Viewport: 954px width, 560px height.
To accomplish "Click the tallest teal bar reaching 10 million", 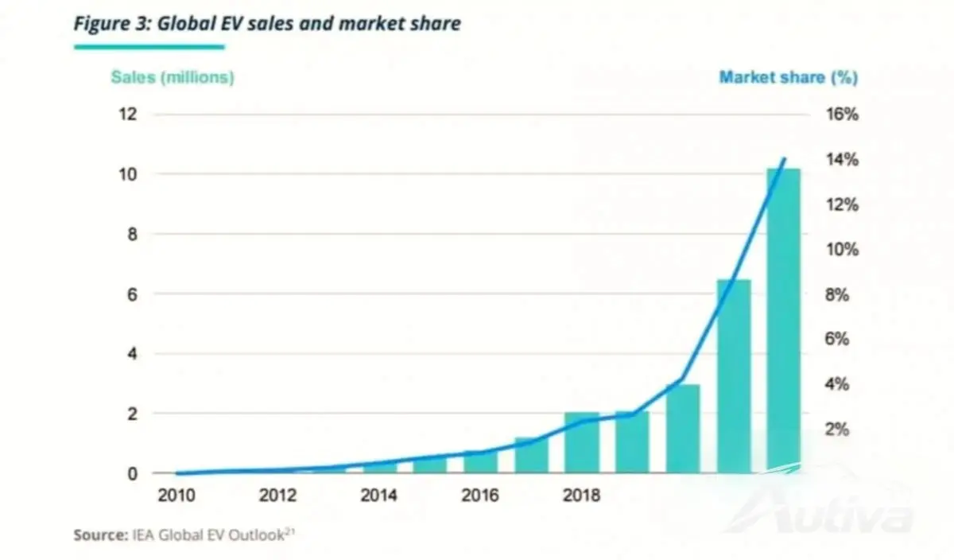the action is (784, 321).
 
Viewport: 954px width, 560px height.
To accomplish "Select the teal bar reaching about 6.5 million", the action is (733, 376).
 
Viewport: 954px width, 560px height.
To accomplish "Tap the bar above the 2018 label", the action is (582, 443).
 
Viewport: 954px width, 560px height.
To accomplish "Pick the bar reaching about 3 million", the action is (683, 429).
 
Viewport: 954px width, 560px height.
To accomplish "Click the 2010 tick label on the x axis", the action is (176, 496).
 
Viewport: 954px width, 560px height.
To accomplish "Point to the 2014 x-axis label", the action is (378, 496).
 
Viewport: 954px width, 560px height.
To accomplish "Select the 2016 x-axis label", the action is (480, 496).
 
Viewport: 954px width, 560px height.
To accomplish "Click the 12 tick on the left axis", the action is (128, 115).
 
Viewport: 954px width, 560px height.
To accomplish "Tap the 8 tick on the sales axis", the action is (133, 234).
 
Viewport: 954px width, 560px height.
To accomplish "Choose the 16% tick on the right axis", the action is (843, 115).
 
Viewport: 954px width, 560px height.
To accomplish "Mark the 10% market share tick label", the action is (843, 249).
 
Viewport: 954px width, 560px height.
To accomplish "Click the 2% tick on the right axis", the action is (837, 430).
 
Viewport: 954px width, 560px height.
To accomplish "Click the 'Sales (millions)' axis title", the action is (173, 77).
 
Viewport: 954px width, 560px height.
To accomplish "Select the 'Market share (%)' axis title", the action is (789, 77).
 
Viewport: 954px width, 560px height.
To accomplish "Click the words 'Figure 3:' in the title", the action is (113, 23).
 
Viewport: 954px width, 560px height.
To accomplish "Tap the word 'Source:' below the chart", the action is (101, 535).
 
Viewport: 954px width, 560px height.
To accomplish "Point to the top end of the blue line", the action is (785, 158).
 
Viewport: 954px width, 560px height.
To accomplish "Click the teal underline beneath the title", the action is (149, 47).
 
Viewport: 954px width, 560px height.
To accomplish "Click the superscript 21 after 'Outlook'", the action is (289, 531).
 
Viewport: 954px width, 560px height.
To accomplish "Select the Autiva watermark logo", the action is (822, 507).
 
